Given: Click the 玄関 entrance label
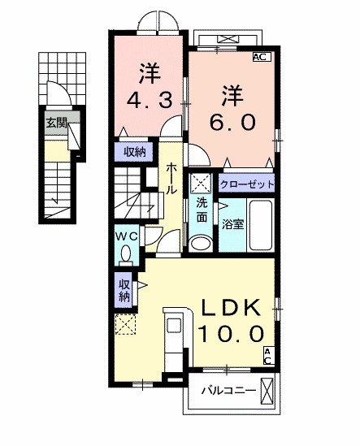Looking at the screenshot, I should tap(56, 123).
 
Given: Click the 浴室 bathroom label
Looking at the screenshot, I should tap(233, 223).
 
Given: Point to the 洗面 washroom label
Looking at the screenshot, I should tap(200, 210).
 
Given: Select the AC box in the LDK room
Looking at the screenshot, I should tap(268, 355).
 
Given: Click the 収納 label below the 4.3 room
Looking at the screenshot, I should tap(135, 151).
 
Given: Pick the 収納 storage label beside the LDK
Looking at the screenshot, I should tap(124, 290).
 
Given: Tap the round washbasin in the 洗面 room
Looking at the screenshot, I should tap(199, 241).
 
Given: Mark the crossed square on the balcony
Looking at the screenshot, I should tap(267, 390).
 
